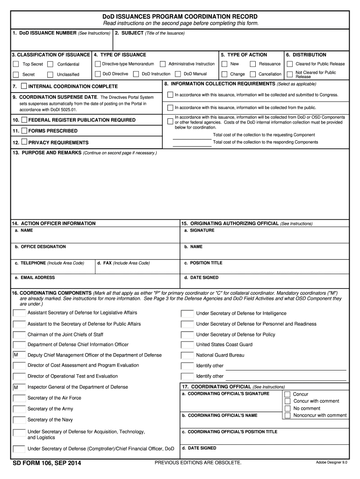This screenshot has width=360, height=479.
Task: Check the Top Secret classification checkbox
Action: click(16, 64)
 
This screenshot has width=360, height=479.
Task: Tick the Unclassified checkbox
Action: click(50, 74)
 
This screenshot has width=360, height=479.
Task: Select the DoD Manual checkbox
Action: click(178, 74)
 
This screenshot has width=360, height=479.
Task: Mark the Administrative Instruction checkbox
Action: click(163, 64)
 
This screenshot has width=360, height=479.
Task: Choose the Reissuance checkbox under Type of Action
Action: click(253, 64)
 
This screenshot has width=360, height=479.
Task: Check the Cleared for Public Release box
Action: click(289, 64)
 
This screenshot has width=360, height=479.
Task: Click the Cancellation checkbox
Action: click(253, 74)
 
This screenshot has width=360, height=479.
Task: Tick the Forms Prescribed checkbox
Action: click(24, 131)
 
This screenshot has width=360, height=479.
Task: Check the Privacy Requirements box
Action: click(24, 142)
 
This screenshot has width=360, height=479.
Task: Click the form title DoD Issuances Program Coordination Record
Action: click(180, 17)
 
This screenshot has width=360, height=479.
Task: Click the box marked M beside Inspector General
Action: click(19, 387)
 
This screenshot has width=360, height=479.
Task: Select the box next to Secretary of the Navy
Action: click(19, 420)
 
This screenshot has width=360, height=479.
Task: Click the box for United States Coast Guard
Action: click(187, 345)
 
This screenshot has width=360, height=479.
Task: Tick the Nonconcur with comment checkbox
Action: click(288, 415)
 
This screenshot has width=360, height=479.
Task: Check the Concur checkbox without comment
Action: click(288, 394)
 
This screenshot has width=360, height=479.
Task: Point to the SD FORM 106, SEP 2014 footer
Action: click(47, 463)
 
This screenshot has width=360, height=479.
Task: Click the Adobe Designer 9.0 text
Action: click(331, 463)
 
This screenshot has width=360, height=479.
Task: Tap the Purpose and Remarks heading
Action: click(47, 153)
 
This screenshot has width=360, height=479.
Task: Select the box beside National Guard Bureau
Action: click(187, 355)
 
